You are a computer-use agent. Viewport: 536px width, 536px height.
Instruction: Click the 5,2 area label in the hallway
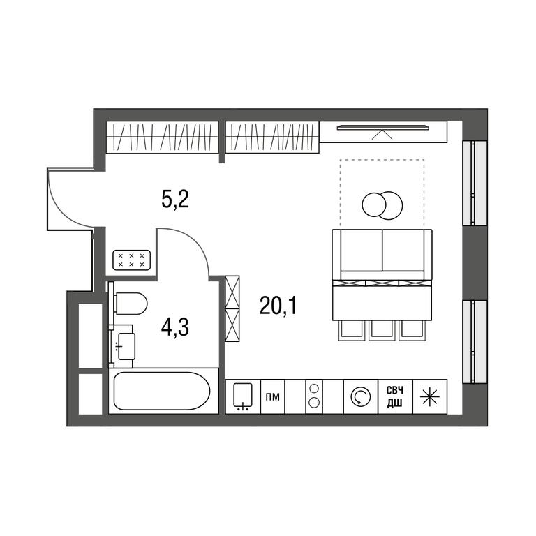tap(175, 201)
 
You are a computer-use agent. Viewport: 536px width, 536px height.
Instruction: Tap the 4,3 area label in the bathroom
tap(175, 328)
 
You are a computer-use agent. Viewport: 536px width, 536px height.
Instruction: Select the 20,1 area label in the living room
tap(278, 306)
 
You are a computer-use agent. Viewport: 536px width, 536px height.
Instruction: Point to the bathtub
tap(161, 391)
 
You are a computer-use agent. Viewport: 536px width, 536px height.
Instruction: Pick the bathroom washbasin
tap(125, 346)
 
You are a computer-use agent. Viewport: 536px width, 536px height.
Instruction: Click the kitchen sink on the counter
tap(243, 396)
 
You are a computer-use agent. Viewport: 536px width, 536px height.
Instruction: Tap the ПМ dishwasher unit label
tap(273, 397)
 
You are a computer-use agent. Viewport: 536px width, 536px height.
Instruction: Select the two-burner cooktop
tap(314, 396)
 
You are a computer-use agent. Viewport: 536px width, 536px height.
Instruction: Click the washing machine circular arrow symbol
tap(360, 397)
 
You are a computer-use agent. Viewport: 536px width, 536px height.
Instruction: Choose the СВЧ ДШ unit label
tap(395, 397)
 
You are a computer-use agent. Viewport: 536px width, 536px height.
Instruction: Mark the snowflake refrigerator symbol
tap(429, 397)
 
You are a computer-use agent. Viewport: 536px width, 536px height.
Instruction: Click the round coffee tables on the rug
tap(382, 205)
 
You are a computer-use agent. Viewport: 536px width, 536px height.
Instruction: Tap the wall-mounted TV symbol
tap(382, 128)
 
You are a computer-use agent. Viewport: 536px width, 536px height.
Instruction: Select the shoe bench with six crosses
tap(132, 260)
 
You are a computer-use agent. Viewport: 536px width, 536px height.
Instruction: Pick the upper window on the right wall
tap(475, 183)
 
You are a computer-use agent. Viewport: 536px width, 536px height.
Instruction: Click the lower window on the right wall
tap(475, 342)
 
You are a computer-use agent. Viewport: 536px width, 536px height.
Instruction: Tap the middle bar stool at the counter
tap(382, 331)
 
